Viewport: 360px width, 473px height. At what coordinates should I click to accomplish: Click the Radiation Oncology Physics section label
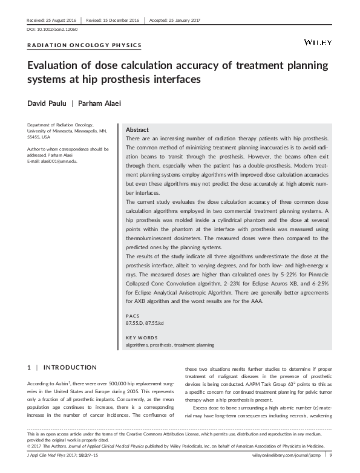[x=85, y=45]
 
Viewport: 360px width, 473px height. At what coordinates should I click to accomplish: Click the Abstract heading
[x=137, y=130]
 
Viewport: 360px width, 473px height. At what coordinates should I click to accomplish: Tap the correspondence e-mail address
[x=51, y=160]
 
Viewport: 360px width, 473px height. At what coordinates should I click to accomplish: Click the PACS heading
[x=132, y=316]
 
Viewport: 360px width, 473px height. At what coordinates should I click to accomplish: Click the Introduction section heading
[x=70, y=367]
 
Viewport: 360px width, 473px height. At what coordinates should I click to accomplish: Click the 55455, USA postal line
[x=39, y=137]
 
